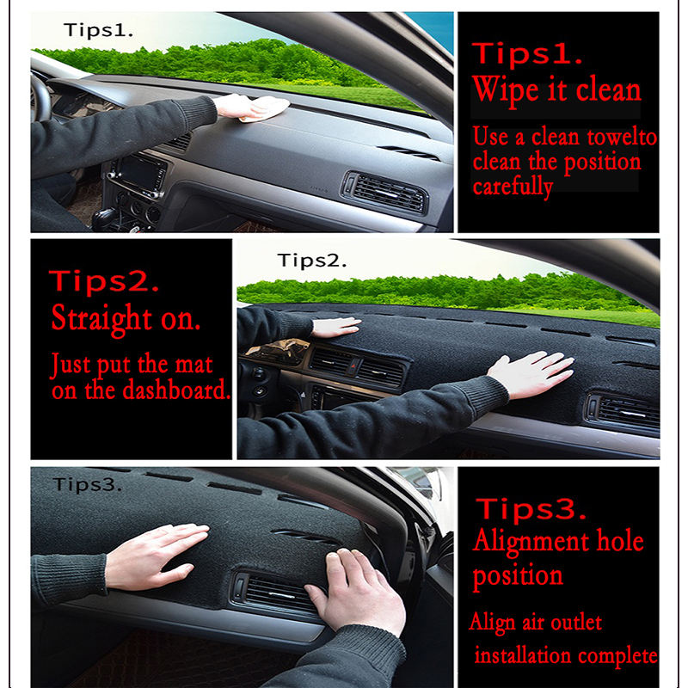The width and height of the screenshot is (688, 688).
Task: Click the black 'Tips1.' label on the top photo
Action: pos(98,30)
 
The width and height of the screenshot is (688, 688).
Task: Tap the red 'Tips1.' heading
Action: pos(527,53)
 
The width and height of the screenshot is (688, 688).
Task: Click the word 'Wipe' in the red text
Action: pos(506,91)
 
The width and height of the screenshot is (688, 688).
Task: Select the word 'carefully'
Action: pos(513,187)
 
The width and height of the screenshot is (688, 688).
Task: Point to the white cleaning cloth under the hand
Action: pos(267,110)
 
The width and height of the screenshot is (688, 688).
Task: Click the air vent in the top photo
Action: pos(384,193)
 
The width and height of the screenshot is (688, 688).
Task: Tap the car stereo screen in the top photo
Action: pos(139,173)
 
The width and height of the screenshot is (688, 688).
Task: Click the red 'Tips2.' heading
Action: pos(103,281)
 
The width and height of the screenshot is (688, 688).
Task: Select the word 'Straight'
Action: pos(101,318)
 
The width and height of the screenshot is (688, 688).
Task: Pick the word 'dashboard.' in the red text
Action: pos(176,390)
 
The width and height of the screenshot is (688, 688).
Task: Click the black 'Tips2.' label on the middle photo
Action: pos(311,261)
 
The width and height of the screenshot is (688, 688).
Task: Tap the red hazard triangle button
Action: pos(354,365)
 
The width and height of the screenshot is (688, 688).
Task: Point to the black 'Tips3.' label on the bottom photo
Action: pos(87,485)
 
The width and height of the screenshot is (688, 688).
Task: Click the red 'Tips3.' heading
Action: pos(531,509)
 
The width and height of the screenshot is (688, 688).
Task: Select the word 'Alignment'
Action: pos(531,542)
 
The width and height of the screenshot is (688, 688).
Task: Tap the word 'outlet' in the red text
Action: pos(576,622)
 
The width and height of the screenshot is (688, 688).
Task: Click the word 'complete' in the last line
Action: pos(617,656)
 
